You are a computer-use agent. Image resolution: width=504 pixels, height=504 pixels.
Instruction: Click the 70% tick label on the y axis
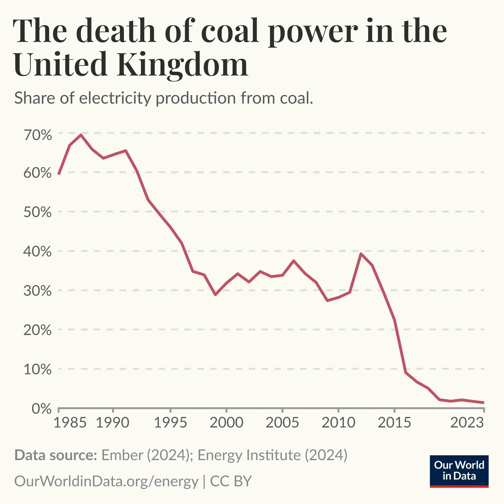coord(38,135)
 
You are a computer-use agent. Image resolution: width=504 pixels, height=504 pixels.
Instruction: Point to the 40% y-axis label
coord(38,252)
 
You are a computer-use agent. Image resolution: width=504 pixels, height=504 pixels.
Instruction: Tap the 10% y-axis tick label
coord(38,369)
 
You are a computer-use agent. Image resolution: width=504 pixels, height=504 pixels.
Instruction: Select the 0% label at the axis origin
coord(42,409)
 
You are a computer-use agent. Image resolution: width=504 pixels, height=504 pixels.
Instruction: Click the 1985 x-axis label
coord(70,423)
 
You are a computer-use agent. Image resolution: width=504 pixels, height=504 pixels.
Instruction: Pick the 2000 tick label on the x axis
coord(226,423)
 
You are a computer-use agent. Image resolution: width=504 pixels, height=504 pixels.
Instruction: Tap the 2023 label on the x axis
coord(467,423)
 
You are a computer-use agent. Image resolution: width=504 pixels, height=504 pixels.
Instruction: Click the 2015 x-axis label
coord(394,423)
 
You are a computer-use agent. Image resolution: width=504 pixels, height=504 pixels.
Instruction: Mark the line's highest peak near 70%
coord(81,135)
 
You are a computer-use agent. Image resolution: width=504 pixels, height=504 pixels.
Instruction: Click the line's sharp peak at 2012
coord(361,254)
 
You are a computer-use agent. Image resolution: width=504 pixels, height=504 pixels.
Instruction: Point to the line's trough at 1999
coord(215,295)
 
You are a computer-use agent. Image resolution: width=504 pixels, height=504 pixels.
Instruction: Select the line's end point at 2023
coord(483,403)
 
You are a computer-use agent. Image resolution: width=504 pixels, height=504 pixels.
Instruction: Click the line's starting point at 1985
coord(59,174)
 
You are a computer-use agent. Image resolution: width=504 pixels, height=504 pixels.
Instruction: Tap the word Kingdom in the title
coord(183,64)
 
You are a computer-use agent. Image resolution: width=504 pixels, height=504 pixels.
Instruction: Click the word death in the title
coord(116,31)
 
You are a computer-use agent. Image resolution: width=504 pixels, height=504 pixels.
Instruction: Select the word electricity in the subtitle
coord(115,98)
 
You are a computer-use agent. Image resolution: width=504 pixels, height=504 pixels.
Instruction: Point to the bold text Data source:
coord(56,455)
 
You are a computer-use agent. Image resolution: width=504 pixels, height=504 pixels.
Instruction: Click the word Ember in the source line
coord(122,455)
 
